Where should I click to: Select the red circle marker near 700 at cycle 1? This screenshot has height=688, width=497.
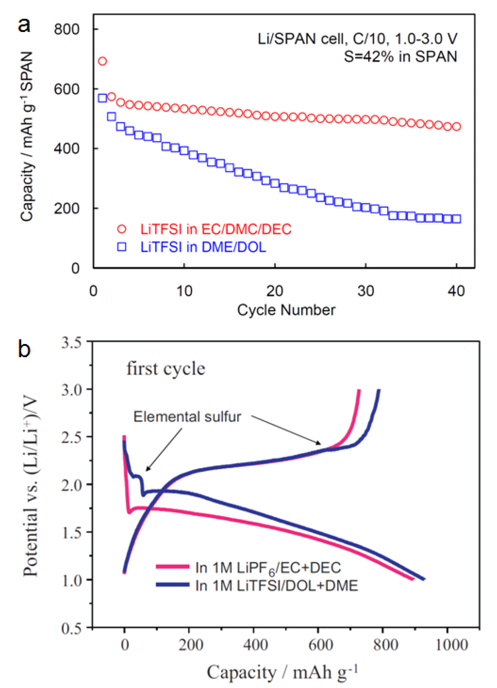click(x=103, y=61)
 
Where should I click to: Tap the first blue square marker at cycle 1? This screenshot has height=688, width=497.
click(x=103, y=98)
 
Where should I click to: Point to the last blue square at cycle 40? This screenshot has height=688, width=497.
click(x=456, y=219)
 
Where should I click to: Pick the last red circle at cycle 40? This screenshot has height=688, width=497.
click(x=456, y=126)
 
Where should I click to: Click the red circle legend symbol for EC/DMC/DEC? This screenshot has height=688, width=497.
click(x=122, y=229)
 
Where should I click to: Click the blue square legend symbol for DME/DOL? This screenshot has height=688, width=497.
click(x=122, y=247)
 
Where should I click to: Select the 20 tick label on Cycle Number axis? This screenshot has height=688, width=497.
click(x=274, y=291)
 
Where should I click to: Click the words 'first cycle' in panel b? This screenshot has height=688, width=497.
click(x=166, y=369)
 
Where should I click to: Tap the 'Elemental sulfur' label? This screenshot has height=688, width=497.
click(x=187, y=417)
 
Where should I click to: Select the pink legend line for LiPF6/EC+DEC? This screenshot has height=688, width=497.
click(x=173, y=566)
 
